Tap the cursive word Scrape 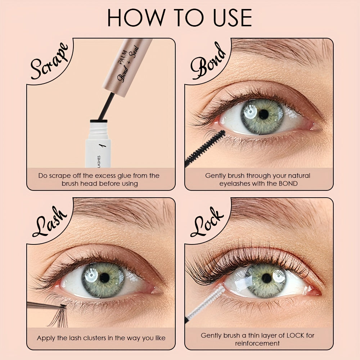pyautogui.click(x=49, y=61)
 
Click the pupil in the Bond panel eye pyautogui.click(x=264, y=114)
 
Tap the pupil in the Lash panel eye pyautogui.click(x=104, y=278)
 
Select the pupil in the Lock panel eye pyautogui.click(x=267, y=278)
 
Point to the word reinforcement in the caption pyautogui.click(x=257, y=343)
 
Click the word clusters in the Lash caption pyautogui.click(x=95, y=338)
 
